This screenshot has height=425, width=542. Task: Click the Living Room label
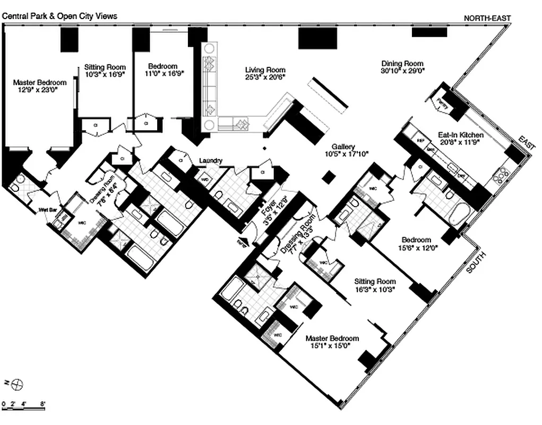point(265,70)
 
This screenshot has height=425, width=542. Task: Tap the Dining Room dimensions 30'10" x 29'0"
point(402,70)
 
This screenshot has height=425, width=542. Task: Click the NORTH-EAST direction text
point(487,18)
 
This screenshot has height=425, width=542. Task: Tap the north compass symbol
point(16,383)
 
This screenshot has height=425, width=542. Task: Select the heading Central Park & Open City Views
point(59,16)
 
